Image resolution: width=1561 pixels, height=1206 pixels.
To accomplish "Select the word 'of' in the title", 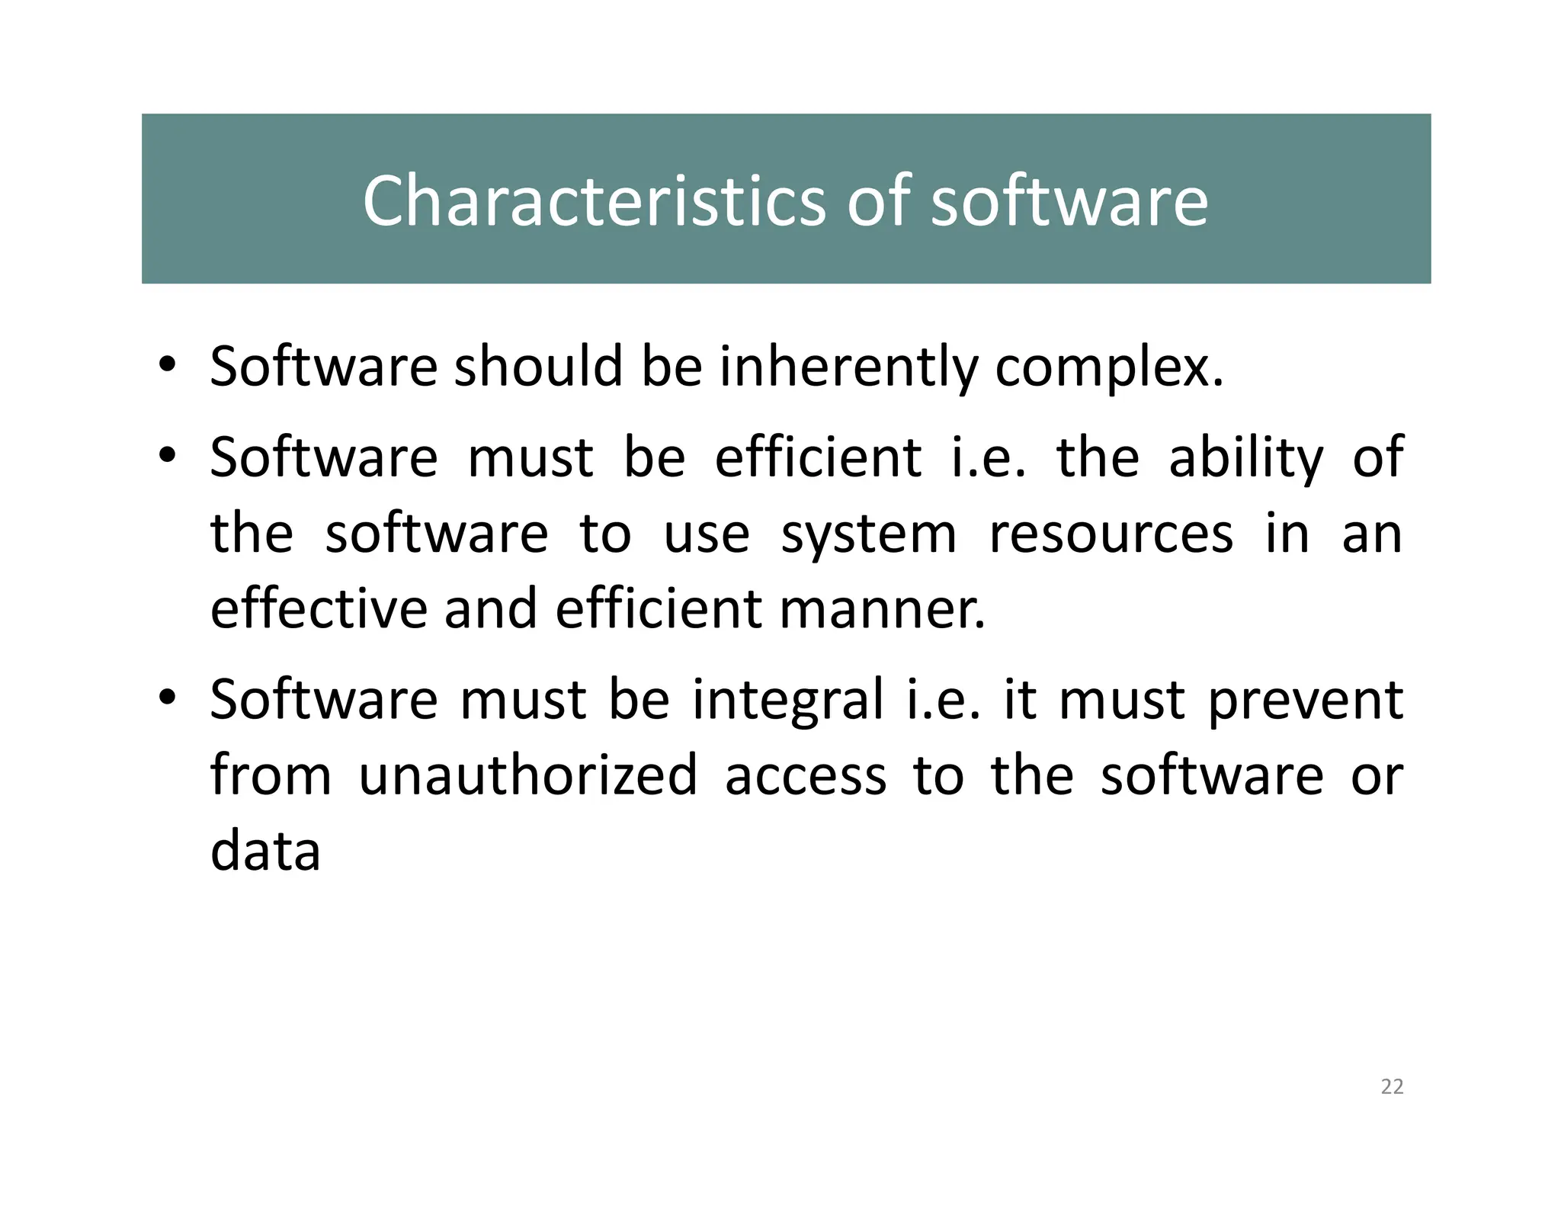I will click(879, 200).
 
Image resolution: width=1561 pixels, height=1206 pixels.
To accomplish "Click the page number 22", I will click(1392, 1086).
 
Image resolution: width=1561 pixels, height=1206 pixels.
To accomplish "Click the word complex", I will click(1109, 367).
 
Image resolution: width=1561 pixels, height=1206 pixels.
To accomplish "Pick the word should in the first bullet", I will click(539, 367).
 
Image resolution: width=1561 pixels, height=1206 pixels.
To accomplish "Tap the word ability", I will click(1246, 457).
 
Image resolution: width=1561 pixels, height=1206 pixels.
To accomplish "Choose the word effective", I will click(319, 609).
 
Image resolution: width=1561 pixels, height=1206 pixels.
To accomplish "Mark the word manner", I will click(882, 609).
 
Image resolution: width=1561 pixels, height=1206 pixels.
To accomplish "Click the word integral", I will click(788, 699).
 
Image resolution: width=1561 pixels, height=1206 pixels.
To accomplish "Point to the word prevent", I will click(1306, 699).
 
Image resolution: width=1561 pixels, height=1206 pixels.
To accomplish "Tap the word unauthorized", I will click(527, 775).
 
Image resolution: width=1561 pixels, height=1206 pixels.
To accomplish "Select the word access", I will click(806, 775).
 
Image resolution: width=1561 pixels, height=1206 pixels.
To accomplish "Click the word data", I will click(265, 851).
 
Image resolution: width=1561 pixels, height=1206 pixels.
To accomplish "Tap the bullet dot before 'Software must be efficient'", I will click(168, 455).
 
